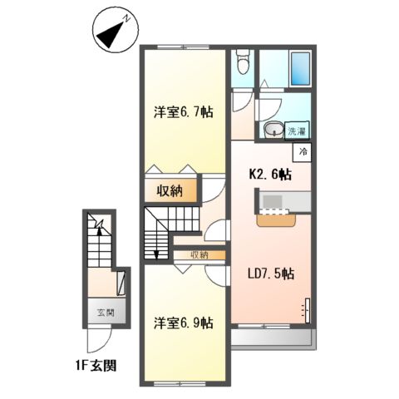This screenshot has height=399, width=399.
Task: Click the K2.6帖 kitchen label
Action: [271, 175]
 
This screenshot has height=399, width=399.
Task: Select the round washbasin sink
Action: [271, 130]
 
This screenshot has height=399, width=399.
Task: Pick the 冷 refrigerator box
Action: [303, 152]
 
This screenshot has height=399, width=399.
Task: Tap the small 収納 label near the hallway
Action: [198, 254]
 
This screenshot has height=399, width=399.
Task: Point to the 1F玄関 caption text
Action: [98, 364]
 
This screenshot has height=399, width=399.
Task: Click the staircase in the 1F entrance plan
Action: [97, 243]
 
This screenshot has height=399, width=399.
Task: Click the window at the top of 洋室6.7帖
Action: [185, 47]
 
